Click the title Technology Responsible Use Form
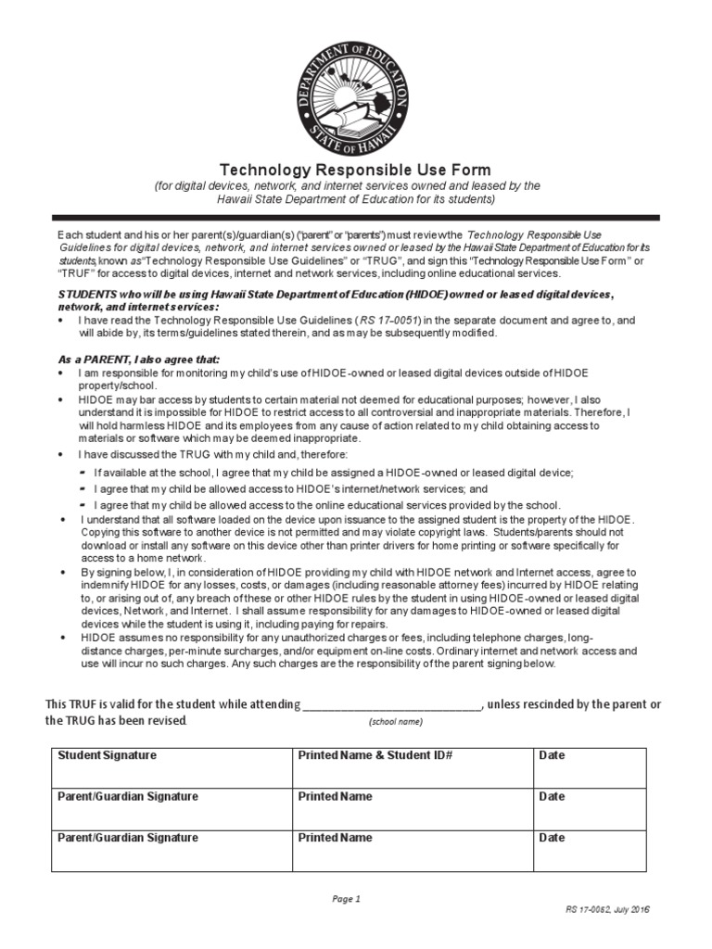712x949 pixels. [354, 170]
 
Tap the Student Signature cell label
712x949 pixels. [108, 755]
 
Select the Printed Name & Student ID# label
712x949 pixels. [375, 755]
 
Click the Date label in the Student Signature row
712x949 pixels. [552, 755]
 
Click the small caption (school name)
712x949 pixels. [395, 722]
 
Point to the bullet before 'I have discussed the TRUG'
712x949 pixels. [61, 455]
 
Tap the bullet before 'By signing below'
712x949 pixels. [61, 574]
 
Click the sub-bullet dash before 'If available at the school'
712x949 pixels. [83, 473]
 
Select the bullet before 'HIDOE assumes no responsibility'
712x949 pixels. [61, 639]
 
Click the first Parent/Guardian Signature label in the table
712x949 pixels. [128, 796]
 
